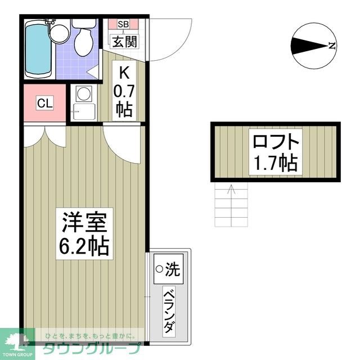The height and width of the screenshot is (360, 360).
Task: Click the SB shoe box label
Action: click(x=123, y=25)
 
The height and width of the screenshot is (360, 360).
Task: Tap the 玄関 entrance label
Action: click(x=123, y=40)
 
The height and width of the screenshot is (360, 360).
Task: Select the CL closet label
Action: click(x=45, y=103)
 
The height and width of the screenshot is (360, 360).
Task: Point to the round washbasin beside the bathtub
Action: click(x=57, y=31)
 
